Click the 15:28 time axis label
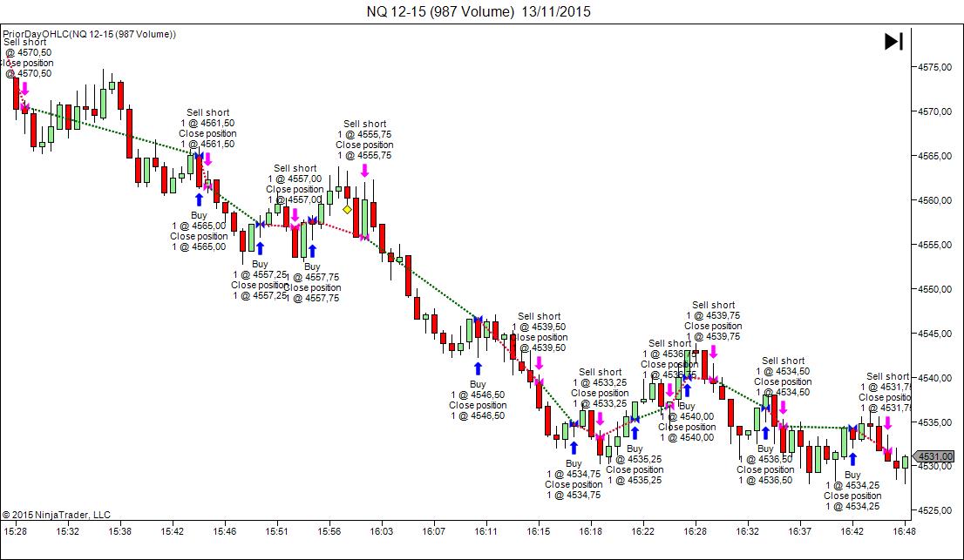[16, 530]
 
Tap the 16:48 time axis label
[903, 530]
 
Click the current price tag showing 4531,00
[939, 456]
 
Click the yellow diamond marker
[347, 210]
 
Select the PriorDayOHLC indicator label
[89, 34]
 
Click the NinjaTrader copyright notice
[57, 515]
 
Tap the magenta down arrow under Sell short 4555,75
[364, 171]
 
